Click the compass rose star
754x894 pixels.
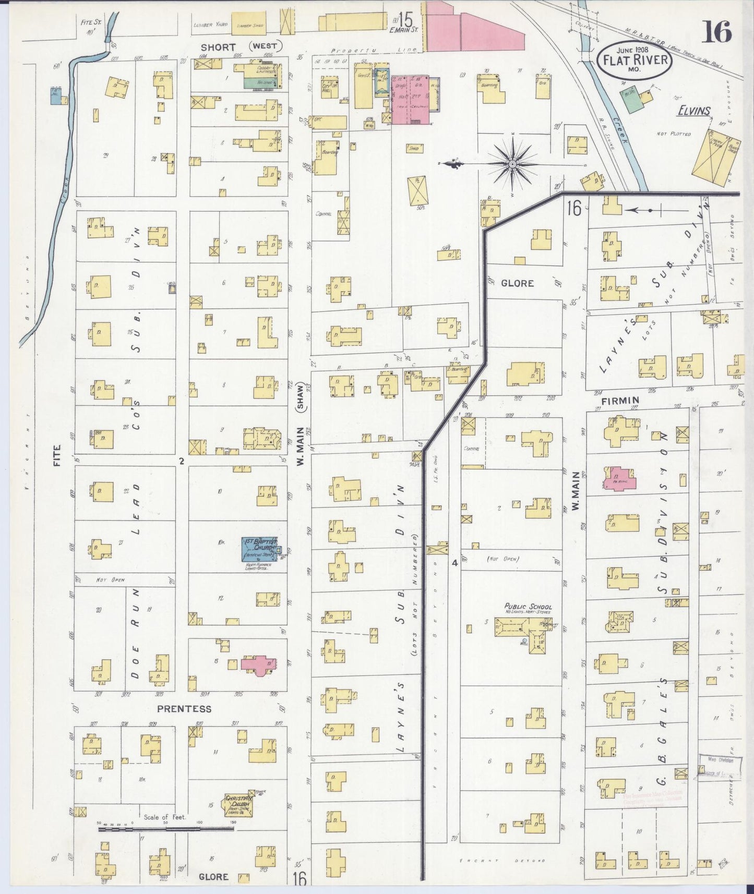click(x=512, y=164)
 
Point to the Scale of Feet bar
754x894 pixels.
click(x=166, y=828)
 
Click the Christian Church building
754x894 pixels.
click(x=238, y=806)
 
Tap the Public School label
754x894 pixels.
click(x=528, y=607)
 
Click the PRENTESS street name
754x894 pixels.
click(x=184, y=709)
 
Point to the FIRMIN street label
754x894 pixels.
click(x=620, y=401)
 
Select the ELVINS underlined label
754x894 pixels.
click(x=694, y=111)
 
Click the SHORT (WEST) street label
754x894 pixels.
click(x=241, y=47)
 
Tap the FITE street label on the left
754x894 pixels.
click(x=56, y=454)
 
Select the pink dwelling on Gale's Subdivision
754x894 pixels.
click(x=620, y=478)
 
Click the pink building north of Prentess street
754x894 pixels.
click(x=258, y=665)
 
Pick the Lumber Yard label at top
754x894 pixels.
click(x=210, y=25)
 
